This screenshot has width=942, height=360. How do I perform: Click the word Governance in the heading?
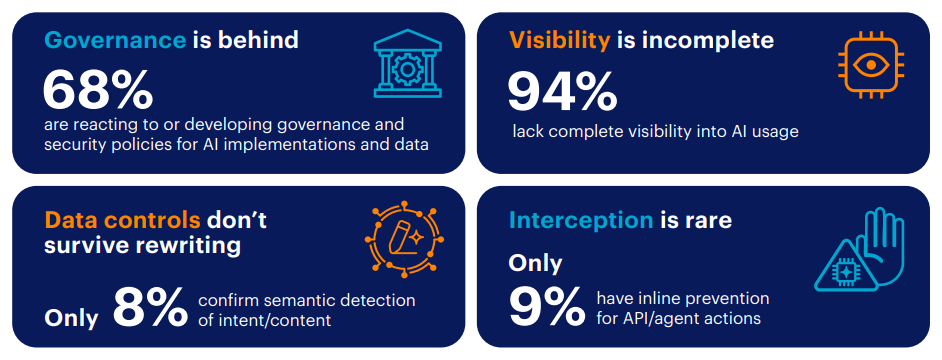[x=115, y=40]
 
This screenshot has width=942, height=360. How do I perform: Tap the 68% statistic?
[x=98, y=90]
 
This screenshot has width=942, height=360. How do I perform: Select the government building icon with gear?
[x=407, y=63]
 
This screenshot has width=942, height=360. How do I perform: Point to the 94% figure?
[x=562, y=90]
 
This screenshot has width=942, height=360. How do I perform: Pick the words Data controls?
[x=123, y=221]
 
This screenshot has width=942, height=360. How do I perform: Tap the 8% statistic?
[x=150, y=308]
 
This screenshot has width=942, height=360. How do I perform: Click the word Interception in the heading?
[x=581, y=221]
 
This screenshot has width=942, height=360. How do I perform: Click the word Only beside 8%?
[x=71, y=319]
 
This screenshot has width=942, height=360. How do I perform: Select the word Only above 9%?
[x=535, y=263]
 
